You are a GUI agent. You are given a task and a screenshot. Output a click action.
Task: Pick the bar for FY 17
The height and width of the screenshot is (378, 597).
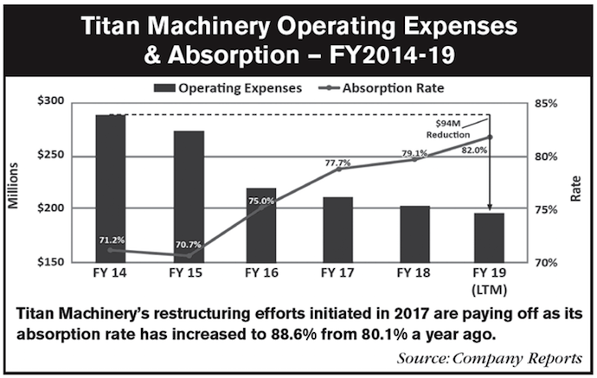pos(337,229)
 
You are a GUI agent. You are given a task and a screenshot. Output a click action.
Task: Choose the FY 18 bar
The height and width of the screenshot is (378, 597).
pos(414,234)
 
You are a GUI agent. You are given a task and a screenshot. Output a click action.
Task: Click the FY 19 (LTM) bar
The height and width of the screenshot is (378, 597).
pos(490,237)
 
